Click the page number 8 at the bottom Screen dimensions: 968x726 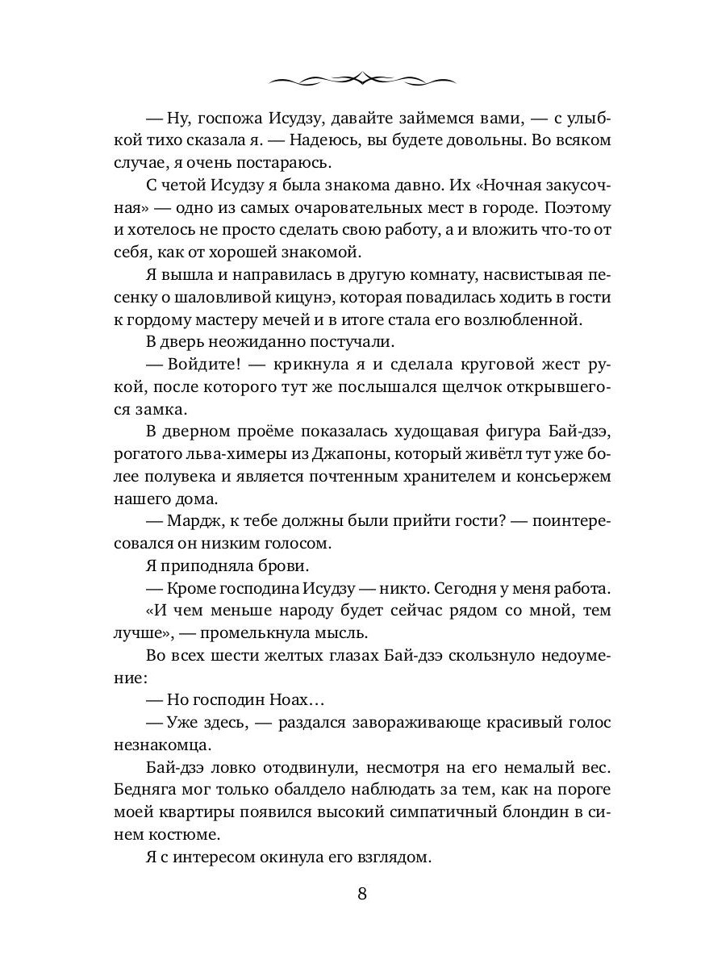362,894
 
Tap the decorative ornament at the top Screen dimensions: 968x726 362,79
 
